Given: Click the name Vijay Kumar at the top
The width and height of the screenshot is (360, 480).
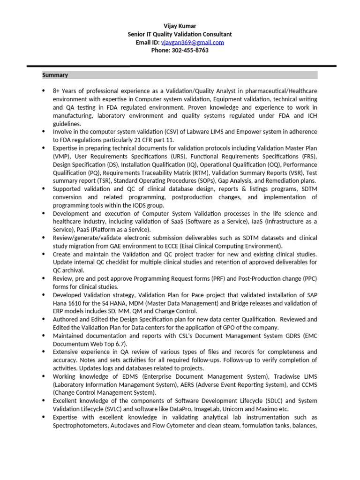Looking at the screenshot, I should [x=180, y=26].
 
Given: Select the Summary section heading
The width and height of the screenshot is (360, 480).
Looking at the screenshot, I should [x=55, y=75].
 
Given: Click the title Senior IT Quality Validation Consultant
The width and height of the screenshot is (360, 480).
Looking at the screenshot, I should [x=180, y=34].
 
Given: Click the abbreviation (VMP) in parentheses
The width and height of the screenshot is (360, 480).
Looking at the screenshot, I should [x=61, y=157].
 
